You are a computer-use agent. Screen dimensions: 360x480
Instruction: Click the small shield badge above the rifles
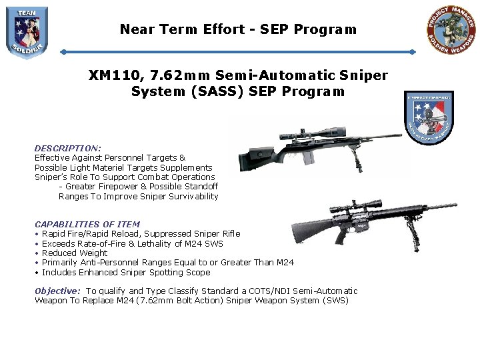[429, 117]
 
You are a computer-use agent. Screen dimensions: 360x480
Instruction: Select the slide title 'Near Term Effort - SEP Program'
[238, 29]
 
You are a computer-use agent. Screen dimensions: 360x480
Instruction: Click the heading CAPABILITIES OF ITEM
[87, 224]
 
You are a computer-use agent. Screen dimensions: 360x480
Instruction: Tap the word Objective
[57, 291]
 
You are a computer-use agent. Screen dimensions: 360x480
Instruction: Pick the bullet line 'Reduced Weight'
[75, 253]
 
